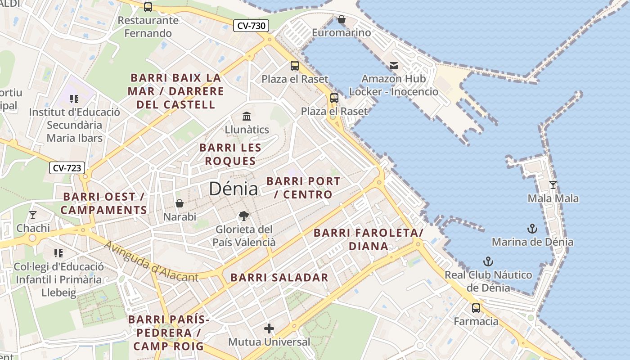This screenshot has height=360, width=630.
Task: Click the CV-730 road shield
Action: (251, 26)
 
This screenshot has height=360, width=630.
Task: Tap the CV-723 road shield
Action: (67, 168)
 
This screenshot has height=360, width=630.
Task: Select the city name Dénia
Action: (234, 189)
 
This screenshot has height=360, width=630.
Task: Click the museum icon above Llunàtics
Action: (247, 117)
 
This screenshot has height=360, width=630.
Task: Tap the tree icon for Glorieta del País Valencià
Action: (243, 216)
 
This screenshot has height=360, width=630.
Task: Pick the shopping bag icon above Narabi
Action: (180, 203)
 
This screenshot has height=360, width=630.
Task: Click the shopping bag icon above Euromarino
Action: (342, 19)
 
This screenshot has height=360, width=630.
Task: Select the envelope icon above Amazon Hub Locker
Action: (394, 66)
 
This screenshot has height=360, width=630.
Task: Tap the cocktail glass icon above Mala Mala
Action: (553, 184)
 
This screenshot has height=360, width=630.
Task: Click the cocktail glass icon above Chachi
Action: (33, 215)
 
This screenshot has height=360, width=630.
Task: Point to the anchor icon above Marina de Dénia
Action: (532, 229)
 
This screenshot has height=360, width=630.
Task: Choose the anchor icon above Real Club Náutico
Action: (488, 261)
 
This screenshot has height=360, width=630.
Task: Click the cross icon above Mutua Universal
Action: (269, 328)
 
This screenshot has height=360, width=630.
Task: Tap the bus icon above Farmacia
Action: (476, 308)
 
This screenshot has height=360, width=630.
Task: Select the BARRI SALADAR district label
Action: (279, 278)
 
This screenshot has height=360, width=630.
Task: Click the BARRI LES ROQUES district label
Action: (230, 154)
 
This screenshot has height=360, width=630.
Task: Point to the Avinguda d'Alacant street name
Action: (151, 262)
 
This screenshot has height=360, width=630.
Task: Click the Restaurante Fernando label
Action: (148, 27)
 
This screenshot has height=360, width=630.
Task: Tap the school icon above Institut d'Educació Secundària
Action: (74, 99)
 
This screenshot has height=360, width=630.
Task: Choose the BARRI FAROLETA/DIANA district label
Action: (368, 239)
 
